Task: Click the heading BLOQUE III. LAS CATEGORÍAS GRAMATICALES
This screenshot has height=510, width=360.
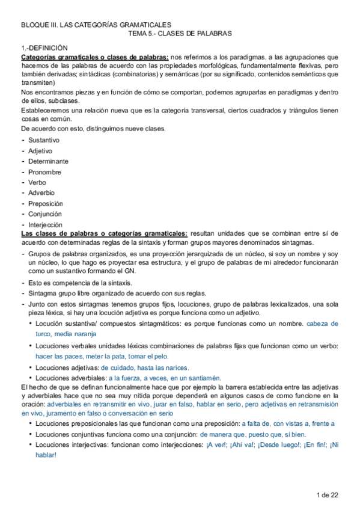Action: tap(96, 25)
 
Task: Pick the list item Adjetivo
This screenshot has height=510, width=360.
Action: tap(40, 150)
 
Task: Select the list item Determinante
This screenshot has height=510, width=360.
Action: tap(48, 161)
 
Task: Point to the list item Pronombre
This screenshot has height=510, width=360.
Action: tap(45, 172)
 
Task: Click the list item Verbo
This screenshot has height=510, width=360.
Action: tap(37, 182)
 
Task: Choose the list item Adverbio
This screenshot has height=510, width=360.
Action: tap(41, 193)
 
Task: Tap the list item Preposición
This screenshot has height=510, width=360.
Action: tap(46, 203)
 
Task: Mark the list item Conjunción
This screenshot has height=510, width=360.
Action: tap(45, 214)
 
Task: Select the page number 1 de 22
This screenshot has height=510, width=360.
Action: tap(328, 494)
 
